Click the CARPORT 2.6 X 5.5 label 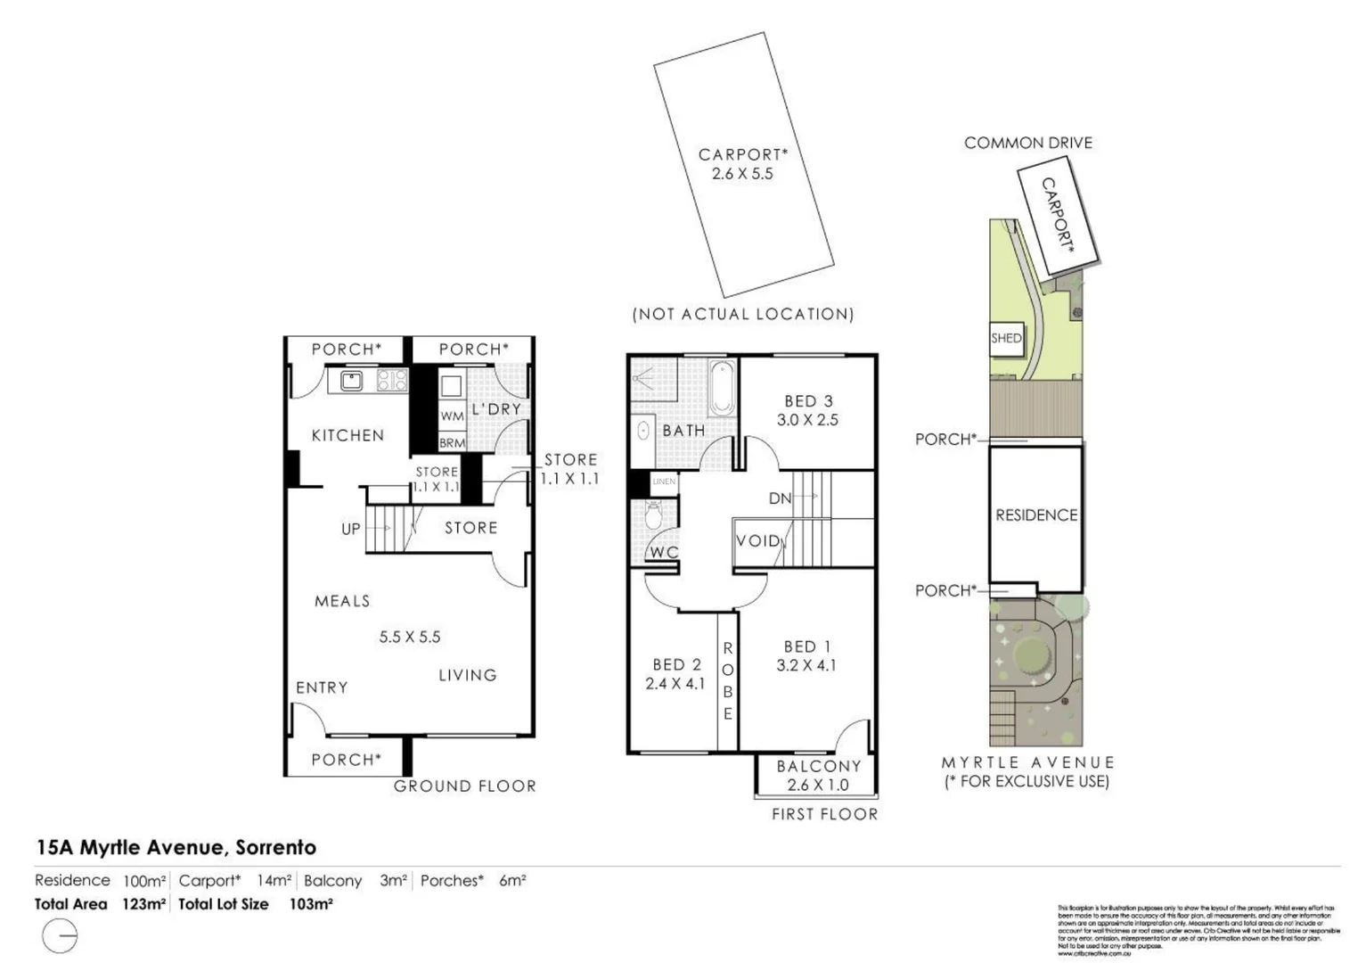[742, 165]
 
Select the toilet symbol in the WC [653, 514]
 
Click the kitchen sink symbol [351, 381]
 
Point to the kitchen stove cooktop [391, 381]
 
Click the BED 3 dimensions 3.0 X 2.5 [807, 420]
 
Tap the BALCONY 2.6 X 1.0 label [818, 775]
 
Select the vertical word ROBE [728, 681]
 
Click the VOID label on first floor [757, 540]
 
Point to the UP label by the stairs [351, 529]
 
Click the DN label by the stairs [780, 498]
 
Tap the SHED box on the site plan [1006, 338]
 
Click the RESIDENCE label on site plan [1036, 515]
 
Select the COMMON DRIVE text [1027, 143]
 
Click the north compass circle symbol [60, 936]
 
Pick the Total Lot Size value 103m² [311, 904]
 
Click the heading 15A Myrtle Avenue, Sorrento [176, 847]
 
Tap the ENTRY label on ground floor [322, 687]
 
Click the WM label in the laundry [452, 416]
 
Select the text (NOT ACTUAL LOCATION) [742, 314]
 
